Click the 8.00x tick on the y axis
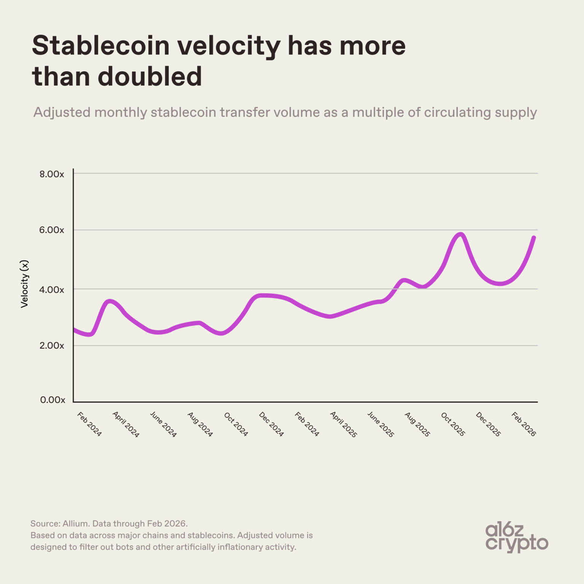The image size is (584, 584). click(52, 174)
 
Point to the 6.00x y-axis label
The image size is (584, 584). click(52, 230)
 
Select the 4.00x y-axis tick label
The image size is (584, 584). click(52, 290)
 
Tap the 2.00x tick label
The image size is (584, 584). click(52, 346)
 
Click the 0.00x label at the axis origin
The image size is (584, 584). click(52, 400)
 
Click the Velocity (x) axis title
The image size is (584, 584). click(24, 284)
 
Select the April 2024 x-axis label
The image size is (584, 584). click(126, 424)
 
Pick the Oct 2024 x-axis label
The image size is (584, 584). click(236, 424)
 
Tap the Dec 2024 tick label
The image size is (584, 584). click(271, 424)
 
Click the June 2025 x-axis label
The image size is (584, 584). click(380, 424)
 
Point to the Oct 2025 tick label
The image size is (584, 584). click(453, 424)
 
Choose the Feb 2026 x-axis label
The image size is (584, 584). click(524, 424)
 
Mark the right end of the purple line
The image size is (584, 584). click(534, 238)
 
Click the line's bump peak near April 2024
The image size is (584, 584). click(109, 302)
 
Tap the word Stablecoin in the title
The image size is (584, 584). click(100, 46)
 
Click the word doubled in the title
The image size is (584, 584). click(150, 76)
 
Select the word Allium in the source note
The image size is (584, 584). click(76, 524)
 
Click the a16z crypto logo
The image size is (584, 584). click(516, 537)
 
